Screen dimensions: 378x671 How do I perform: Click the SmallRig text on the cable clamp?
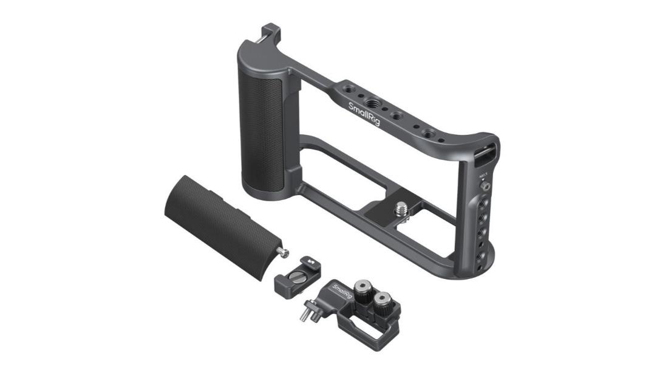(x=342, y=293)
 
